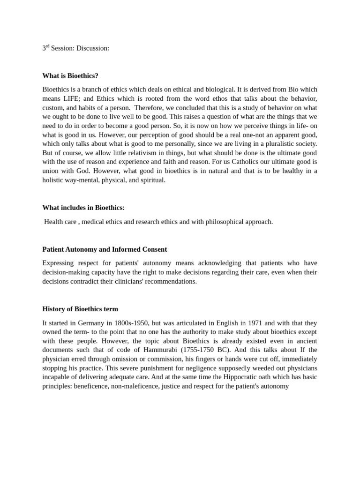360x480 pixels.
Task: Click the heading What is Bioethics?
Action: pos(70,75)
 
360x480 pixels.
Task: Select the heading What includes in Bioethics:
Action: pos(83,208)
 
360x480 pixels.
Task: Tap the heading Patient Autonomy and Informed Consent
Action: pos(105,249)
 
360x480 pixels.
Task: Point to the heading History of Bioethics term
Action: pos(80,309)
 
